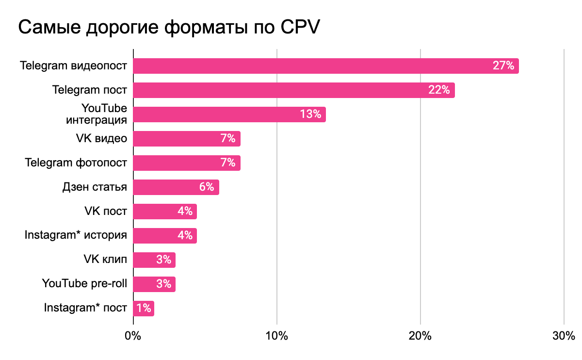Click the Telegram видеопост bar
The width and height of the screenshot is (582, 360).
(310, 66)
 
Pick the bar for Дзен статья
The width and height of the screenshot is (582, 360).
(170, 187)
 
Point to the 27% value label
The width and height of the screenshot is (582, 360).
(503, 66)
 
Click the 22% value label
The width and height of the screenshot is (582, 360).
(439, 90)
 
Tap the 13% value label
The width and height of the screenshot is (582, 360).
(310, 115)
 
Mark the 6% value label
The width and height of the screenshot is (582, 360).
(207, 187)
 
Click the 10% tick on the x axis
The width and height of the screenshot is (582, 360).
(276, 336)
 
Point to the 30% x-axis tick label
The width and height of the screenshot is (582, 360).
(564, 336)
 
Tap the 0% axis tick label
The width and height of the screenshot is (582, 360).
(133, 336)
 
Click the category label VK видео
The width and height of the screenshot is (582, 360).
(101, 139)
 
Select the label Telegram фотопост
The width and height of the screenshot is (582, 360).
(76, 163)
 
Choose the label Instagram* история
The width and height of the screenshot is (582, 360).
(76, 236)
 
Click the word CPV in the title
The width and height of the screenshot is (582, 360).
(300, 28)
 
